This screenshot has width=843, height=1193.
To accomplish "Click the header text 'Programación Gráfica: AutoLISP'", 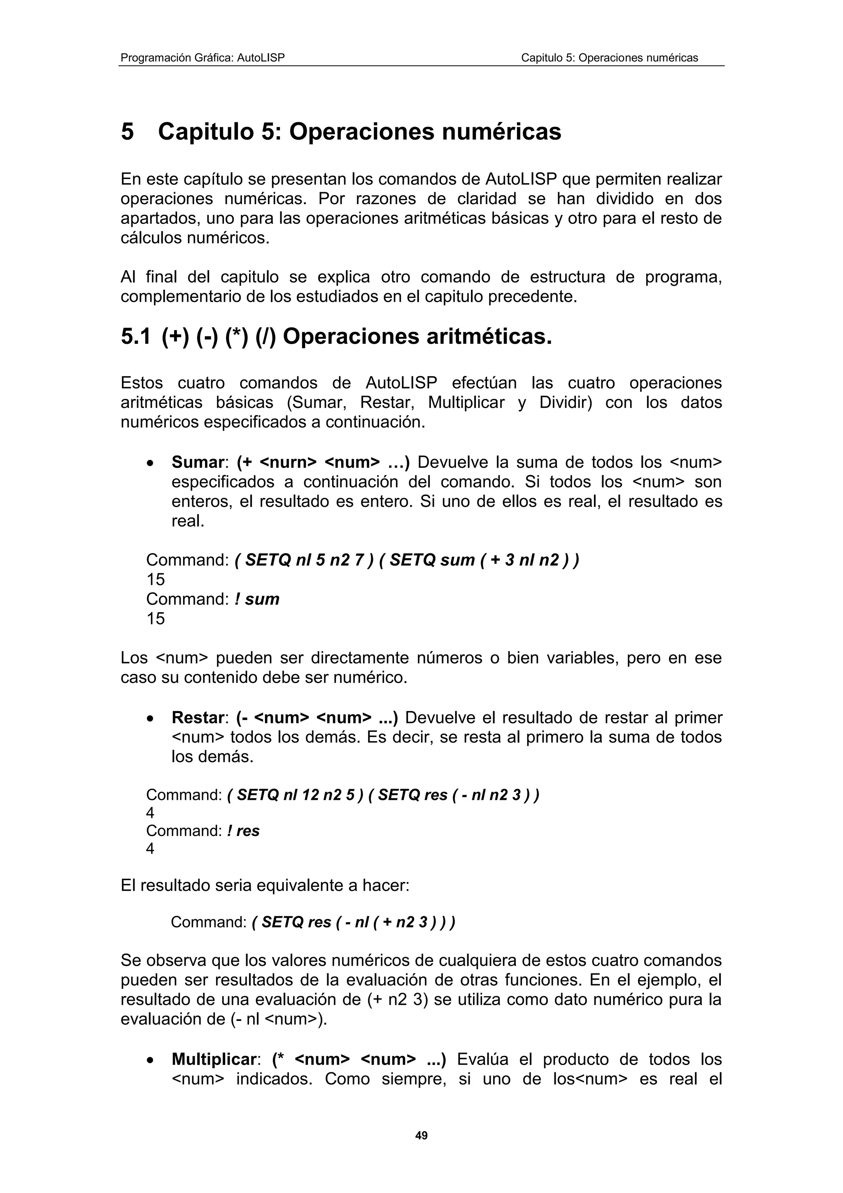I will point(203,58).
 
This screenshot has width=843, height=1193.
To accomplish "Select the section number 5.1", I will point(135,337).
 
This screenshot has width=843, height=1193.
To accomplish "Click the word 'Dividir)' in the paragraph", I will point(566,403).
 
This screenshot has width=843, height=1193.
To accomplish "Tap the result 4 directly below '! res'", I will point(150,848).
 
